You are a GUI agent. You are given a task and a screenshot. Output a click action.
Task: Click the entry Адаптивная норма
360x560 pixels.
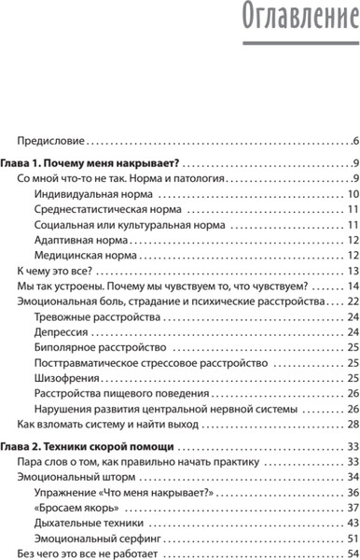[79, 240]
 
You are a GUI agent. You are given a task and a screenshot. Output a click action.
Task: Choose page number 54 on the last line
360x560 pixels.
[353, 529]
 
